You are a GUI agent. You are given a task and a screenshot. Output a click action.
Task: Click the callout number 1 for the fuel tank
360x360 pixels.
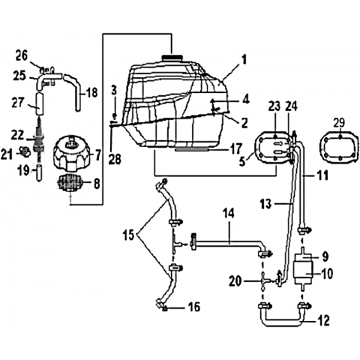tap(244, 60)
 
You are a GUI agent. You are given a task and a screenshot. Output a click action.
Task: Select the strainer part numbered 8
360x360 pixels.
tap(70, 183)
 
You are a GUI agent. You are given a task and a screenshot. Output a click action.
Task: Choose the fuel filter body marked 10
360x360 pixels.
tap(303, 272)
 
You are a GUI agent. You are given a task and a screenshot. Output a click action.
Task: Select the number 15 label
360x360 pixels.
tap(128, 235)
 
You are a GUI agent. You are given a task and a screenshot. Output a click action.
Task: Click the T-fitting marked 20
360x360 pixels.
tap(263, 281)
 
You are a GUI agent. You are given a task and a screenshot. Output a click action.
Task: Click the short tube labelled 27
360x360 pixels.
tap(40, 103)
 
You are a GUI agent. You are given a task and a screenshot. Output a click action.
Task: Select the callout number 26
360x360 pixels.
tap(22, 55)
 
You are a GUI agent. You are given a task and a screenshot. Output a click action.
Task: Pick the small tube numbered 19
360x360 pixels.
tap(39, 172)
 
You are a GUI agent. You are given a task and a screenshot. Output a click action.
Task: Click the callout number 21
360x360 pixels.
tap(7, 154)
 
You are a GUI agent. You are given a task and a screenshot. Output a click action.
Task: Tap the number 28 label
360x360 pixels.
tap(115, 159)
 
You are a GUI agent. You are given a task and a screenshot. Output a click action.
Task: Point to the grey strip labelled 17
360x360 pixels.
tap(191, 149)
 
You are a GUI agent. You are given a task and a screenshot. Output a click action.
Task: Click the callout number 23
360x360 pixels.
tap(275, 107)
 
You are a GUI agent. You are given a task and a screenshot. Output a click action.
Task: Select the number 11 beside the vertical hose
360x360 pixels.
tap(322, 175)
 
